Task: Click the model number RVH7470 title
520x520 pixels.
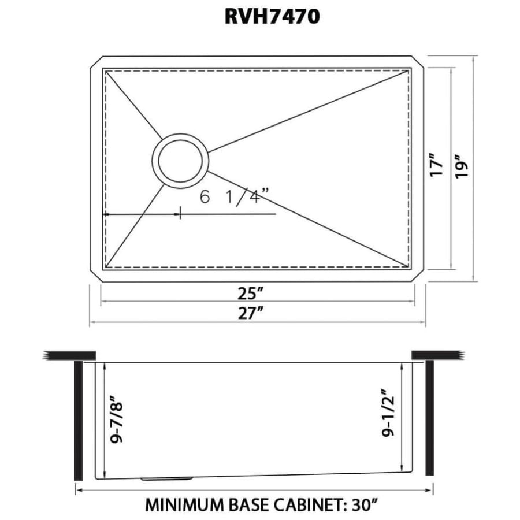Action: (x=272, y=17)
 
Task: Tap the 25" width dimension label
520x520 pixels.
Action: (x=250, y=293)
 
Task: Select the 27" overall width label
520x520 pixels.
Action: (x=251, y=313)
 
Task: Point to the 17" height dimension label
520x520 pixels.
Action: (x=436, y=165)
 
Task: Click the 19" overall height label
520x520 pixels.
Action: (x=462, y=166)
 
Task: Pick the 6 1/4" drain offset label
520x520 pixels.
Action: (x=234, y=196)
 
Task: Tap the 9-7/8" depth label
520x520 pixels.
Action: (x=117, y=419)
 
